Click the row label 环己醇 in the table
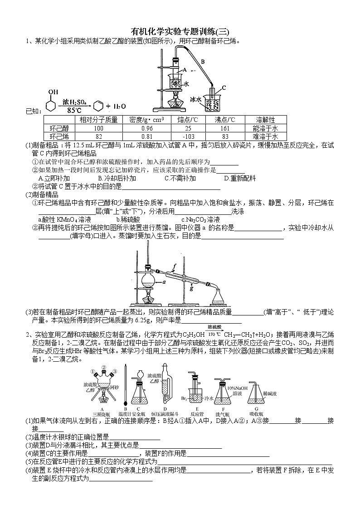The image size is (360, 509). (x=59, y=128)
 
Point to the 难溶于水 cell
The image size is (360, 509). (x=265, y=136)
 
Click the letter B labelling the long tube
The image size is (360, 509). (x=203, y=61)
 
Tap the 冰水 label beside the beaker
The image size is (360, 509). (x=195, y=99)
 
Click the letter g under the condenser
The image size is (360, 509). (x=192, y=287)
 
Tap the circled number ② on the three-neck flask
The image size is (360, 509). (x=104, y=368)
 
